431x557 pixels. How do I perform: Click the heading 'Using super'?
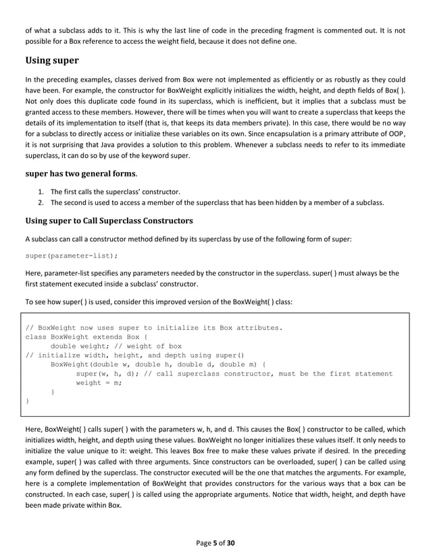click(51, 61)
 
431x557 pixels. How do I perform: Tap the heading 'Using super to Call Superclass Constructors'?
click(108, 221)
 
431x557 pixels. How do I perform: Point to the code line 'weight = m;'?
click(99, 382)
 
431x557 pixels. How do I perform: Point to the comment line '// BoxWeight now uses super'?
click(153, 328)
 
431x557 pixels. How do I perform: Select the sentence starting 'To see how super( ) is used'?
click(159, 302)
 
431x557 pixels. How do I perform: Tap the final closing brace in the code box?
click(27, 401)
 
